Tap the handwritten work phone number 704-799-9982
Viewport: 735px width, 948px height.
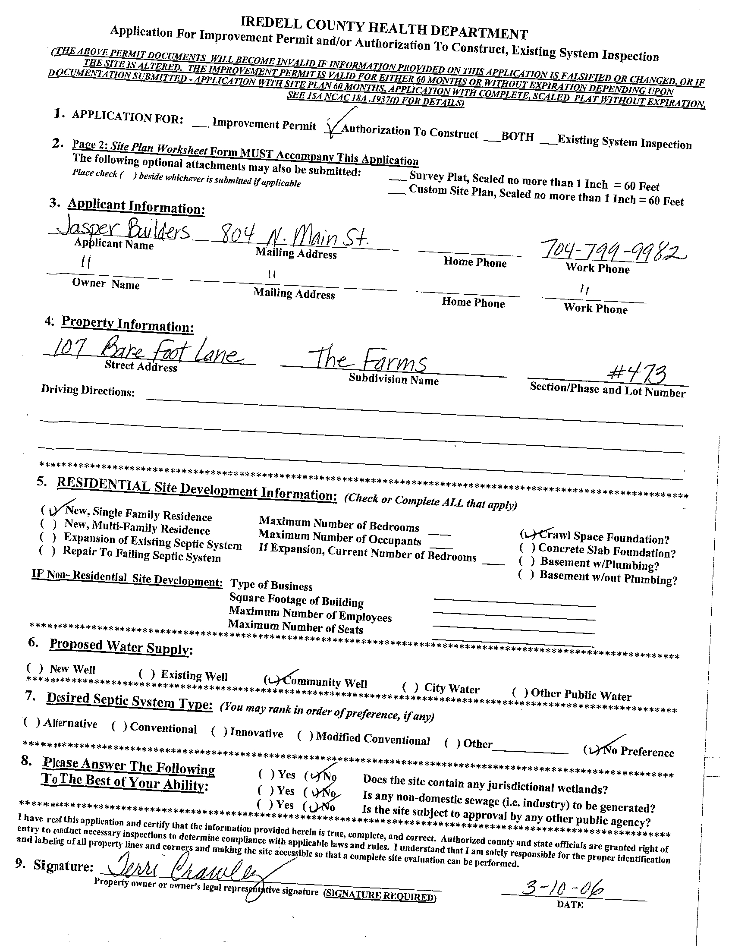[612, 251]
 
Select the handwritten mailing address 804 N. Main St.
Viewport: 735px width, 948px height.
[295, 236]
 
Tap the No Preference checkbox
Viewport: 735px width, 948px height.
[592, 749]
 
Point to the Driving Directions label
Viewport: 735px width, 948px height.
[88, 390]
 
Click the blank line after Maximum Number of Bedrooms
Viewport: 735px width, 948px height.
[440, 533]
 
